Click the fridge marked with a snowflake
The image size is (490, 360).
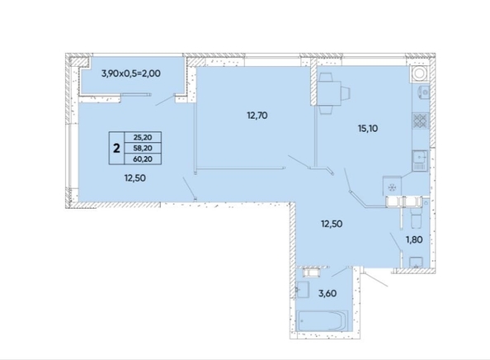393,187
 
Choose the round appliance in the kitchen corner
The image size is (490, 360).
420,73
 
